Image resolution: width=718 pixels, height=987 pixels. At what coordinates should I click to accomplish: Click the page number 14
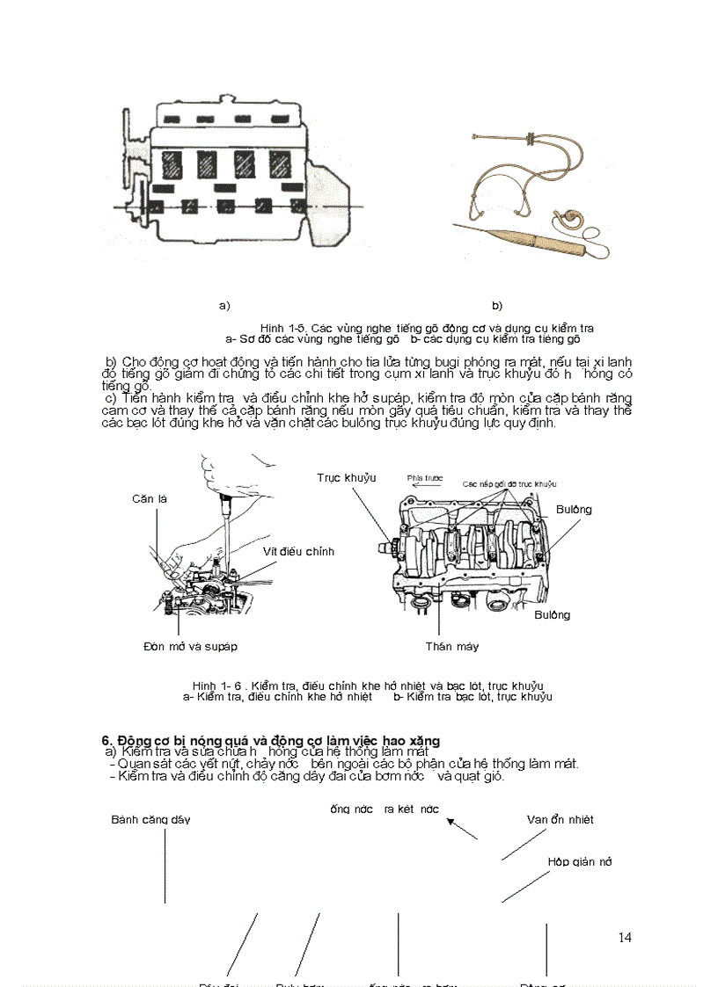[625, 938]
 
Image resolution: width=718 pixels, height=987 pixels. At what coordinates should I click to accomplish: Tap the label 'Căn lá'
[149, 498]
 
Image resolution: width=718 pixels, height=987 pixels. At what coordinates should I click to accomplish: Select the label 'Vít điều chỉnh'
[298, 551]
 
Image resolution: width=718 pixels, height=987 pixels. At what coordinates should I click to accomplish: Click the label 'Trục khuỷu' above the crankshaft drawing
[347, 477]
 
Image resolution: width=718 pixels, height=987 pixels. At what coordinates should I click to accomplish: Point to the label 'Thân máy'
[451, 646]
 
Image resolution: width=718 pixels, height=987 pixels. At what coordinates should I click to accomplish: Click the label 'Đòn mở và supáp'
[190, 646]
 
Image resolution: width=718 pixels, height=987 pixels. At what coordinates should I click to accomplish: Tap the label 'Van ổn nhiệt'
[560, 819]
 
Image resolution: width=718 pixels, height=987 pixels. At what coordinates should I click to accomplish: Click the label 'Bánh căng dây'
[150, 819]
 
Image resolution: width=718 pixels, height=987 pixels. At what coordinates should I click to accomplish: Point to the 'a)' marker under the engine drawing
[224, 305]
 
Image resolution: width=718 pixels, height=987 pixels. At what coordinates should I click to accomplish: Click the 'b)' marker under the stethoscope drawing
[497, 305]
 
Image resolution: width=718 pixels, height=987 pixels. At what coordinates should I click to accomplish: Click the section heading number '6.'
[108, 740]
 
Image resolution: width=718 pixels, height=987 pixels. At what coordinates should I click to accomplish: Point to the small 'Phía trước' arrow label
[424, 479]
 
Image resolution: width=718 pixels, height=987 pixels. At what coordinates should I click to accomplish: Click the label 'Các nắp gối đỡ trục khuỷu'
[509, 484]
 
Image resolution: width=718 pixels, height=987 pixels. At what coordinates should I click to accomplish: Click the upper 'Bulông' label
[574, 509]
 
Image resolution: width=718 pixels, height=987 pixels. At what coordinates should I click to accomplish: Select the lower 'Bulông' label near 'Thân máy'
[552, 614]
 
